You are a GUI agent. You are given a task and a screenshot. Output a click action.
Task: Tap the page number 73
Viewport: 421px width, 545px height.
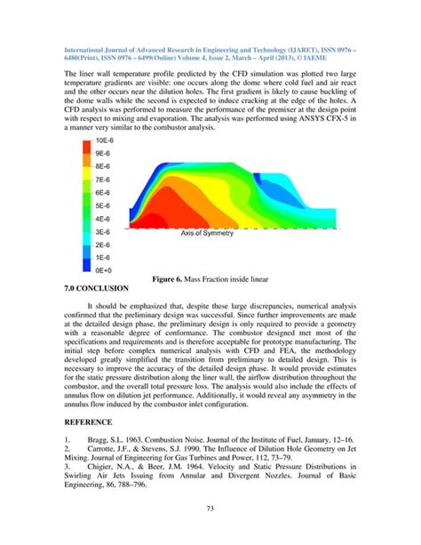(x=210, y=531)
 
